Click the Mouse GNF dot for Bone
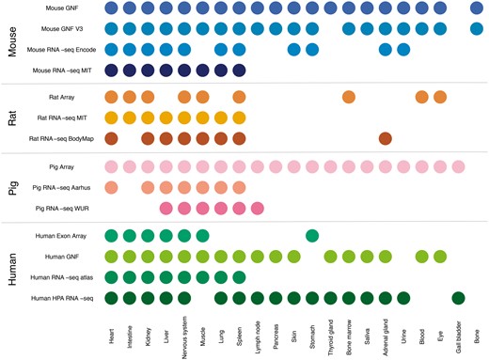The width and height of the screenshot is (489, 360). [x=477, y=8]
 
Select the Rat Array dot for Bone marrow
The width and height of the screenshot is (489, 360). [x=349, y=97]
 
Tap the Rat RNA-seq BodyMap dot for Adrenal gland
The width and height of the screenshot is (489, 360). [x=386, y=139]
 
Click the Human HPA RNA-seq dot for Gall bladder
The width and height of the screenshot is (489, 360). [x=458, y=299]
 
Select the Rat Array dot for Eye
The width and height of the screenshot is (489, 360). [x=440, y=97]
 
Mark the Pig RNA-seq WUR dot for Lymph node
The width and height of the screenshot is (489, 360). [x=258, y=208]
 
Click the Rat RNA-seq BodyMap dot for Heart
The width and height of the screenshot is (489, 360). [x=111, y=139]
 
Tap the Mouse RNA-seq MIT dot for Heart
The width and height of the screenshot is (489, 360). [x=111, y=70]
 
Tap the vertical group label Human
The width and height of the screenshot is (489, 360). [x=12, y=267]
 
